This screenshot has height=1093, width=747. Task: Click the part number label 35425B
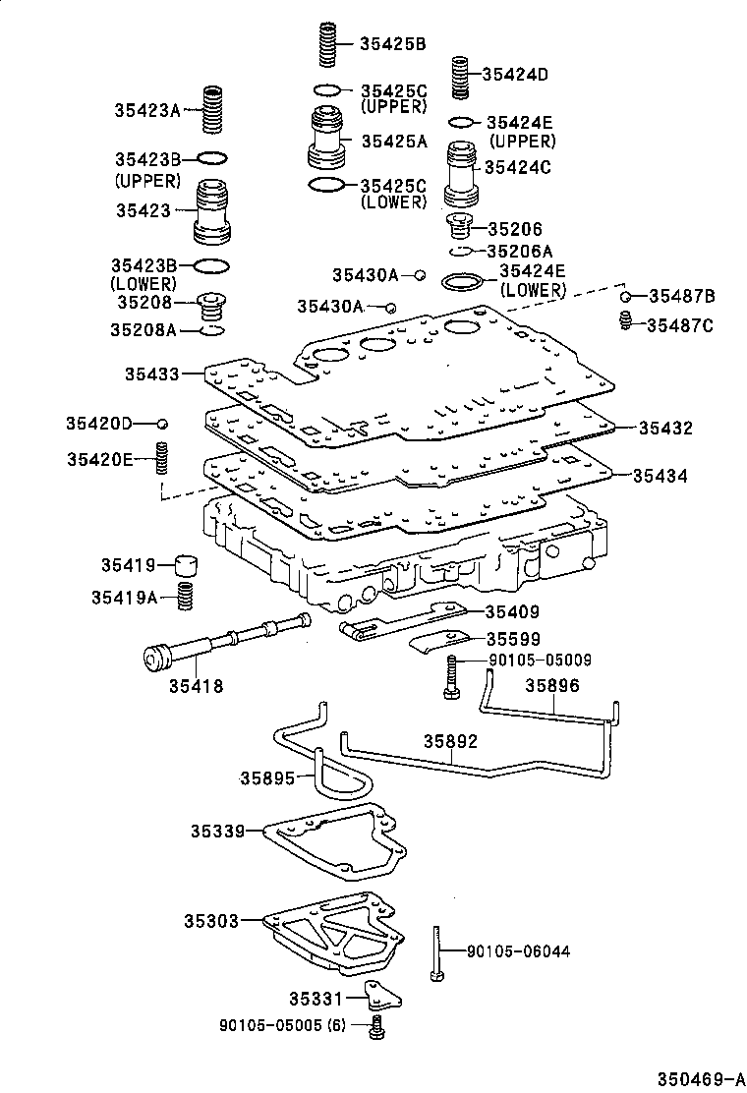coord(392,43)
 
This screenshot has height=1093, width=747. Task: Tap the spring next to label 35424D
coord(459,77)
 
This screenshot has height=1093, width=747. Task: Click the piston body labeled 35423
coord(213,209)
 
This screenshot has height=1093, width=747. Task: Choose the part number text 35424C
coord(518,167)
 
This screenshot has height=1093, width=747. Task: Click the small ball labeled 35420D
coord(163,423)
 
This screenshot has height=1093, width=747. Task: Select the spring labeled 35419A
coord(184,596)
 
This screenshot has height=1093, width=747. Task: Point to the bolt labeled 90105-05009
coord(450,678)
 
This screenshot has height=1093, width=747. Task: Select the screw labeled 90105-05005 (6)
coord(376,1028)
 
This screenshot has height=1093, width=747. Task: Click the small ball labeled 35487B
coord(624,296)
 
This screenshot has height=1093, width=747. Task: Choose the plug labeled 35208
coord(210,306)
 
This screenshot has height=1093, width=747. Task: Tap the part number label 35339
coord(217,831)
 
